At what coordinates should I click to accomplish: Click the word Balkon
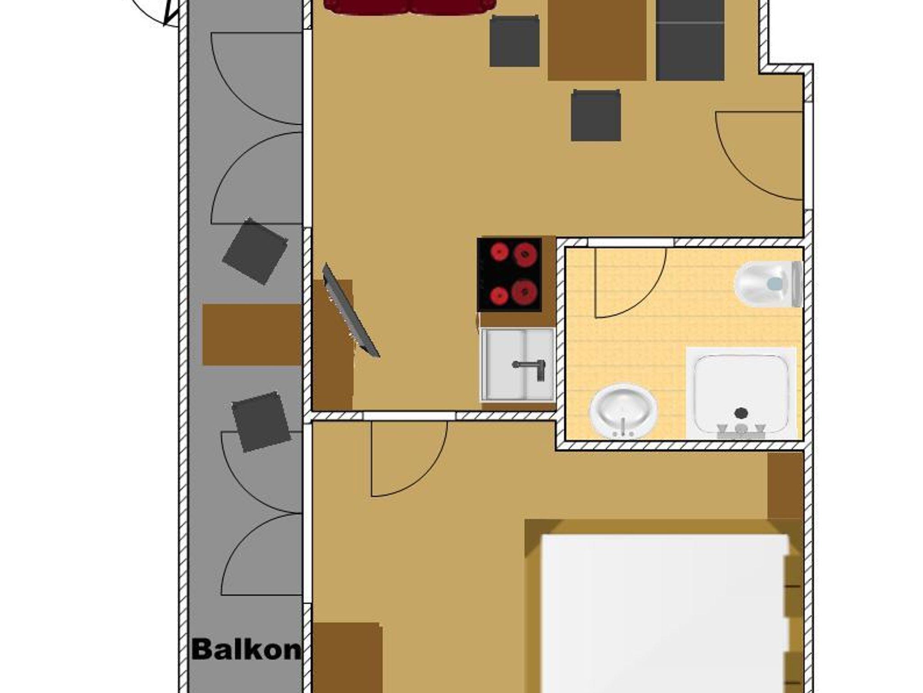pyautogui.click(x=246, y=649)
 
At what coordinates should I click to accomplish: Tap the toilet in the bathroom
pyautogui.click(x=769, y=284)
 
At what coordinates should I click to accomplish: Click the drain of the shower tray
pyautogui.click(x=741, y=412)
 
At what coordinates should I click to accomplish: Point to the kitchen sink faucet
pyautogui.click(x=530, y=368)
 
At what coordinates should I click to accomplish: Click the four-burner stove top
pyautogui.click(x=510, y=274)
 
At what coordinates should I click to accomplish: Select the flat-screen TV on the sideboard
pyautogui.click(x=350, y=311)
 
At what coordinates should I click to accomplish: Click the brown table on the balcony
pyautogui.click(x=252, y=334)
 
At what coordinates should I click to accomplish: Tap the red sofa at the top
pyautogui.click(x=410, y=6)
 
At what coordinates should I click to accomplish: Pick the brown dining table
pyautogui.click(x=597, y=40)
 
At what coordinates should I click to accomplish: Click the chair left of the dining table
pyautogui.click(x=515, y=41)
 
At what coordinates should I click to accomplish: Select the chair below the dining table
pyautogui.click(x=596, y=115)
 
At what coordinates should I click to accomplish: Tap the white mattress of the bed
pyautogui.click(x=664, y=613)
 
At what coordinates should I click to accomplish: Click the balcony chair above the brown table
pyautogui.click(x=255, y=251)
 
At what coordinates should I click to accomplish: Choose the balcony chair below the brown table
pyautogui.click(x=261, y=421)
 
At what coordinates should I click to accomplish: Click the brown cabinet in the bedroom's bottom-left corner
pyautogui.click(x=347, y=658)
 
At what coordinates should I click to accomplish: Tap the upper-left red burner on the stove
pyautogui.click(x=499, y=252)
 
